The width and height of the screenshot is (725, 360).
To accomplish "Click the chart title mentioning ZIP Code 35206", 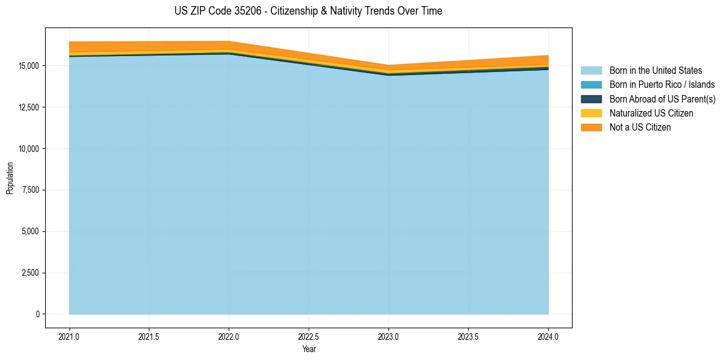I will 309,11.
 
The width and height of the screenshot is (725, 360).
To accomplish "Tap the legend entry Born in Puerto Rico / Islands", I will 662,85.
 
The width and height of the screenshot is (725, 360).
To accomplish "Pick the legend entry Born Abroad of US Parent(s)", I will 662,99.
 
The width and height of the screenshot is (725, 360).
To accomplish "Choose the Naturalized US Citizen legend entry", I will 651,113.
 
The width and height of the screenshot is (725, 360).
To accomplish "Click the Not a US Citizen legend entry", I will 640,128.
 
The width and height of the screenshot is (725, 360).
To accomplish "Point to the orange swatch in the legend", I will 591,128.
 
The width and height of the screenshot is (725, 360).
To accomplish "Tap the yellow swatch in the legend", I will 591,113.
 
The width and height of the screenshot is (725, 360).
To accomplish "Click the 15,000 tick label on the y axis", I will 29,66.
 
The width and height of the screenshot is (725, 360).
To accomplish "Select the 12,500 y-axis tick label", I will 29,107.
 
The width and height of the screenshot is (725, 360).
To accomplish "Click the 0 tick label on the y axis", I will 38,314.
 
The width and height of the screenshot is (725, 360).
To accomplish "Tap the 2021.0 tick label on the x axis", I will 70,336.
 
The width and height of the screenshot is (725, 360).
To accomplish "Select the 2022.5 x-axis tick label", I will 309,336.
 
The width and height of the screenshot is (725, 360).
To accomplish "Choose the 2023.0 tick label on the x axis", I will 388,336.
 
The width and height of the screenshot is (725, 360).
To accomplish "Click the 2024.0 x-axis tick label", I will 548,336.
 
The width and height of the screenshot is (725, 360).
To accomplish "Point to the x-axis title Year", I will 309,349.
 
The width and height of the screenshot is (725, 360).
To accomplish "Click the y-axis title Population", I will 10,178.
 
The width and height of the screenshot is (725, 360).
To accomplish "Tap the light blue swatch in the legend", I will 591,71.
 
